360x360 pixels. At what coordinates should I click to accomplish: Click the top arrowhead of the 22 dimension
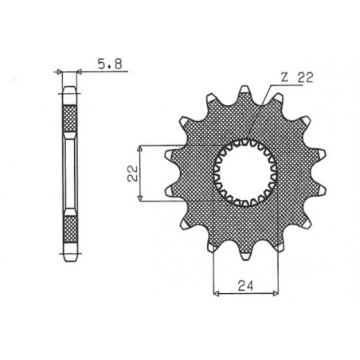(x=140, y=147)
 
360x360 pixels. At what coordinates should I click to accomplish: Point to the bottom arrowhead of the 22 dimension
(x=140, y=201)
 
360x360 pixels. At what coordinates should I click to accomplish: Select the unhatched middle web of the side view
(x=68, y=174)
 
